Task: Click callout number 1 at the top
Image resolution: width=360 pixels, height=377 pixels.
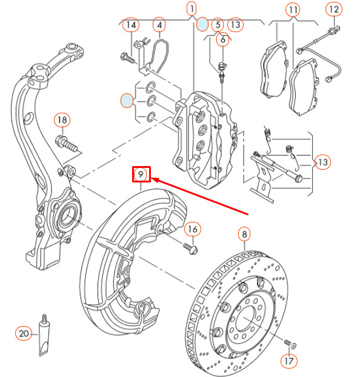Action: point(192,9)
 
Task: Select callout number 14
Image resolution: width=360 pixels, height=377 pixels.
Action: point(131,25)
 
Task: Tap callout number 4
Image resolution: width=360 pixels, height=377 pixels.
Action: point(159,25)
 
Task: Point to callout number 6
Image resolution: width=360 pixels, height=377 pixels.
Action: point(222,39)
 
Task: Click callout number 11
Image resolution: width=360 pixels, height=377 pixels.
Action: point(293,10)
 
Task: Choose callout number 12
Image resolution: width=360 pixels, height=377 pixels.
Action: point(334,9)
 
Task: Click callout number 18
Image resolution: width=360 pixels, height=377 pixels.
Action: point(62,120)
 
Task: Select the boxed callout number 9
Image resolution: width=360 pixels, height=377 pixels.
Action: point(141,175)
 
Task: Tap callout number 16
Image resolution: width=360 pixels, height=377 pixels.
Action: point(193,229)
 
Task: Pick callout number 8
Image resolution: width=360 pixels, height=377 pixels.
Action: point(244,234)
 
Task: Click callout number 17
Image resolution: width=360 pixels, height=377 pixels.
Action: point(289,361)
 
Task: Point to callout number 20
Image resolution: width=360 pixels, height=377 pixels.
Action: point(24,333)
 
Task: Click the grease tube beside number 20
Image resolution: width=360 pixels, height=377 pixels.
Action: point(44,335)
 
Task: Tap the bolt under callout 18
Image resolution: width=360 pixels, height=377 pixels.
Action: point(67,143)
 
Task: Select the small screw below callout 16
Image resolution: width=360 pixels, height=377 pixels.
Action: point(190,249)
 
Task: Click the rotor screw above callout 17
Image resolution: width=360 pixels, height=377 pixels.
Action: point(290,343)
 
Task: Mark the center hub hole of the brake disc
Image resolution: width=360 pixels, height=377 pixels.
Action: point(245,319)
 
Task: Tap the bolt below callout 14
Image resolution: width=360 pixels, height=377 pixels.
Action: point(127,58)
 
